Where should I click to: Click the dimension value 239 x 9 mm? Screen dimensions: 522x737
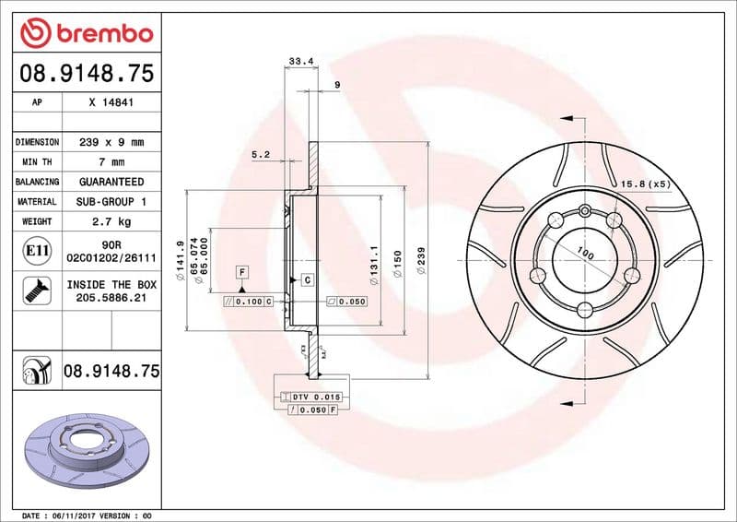[111, 142]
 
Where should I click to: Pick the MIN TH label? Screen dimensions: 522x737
[37, 162]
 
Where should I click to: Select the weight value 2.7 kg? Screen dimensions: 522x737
[111, 221]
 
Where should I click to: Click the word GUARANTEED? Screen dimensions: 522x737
[111, 182]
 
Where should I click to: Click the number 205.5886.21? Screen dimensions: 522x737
[111, 299]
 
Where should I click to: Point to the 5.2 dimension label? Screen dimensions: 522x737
[260, 155]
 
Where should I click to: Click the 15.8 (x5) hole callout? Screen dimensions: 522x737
[645, 184]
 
